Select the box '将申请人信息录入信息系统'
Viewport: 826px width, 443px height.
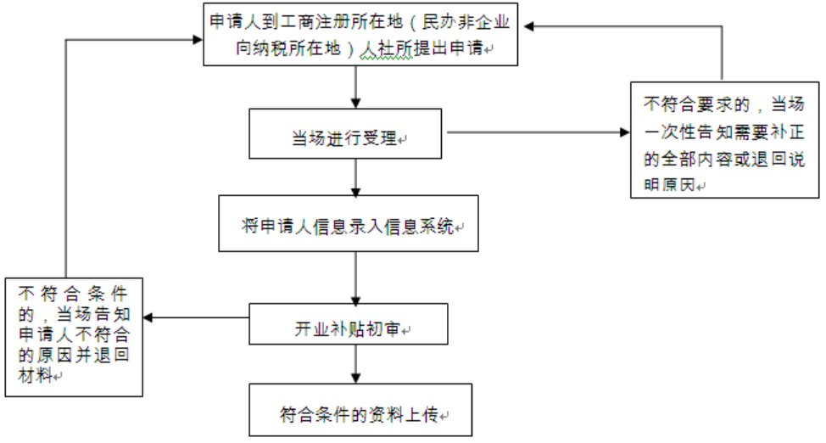[x=354, y=224]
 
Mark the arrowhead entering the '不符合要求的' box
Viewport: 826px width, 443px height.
[x=623, y=133]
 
